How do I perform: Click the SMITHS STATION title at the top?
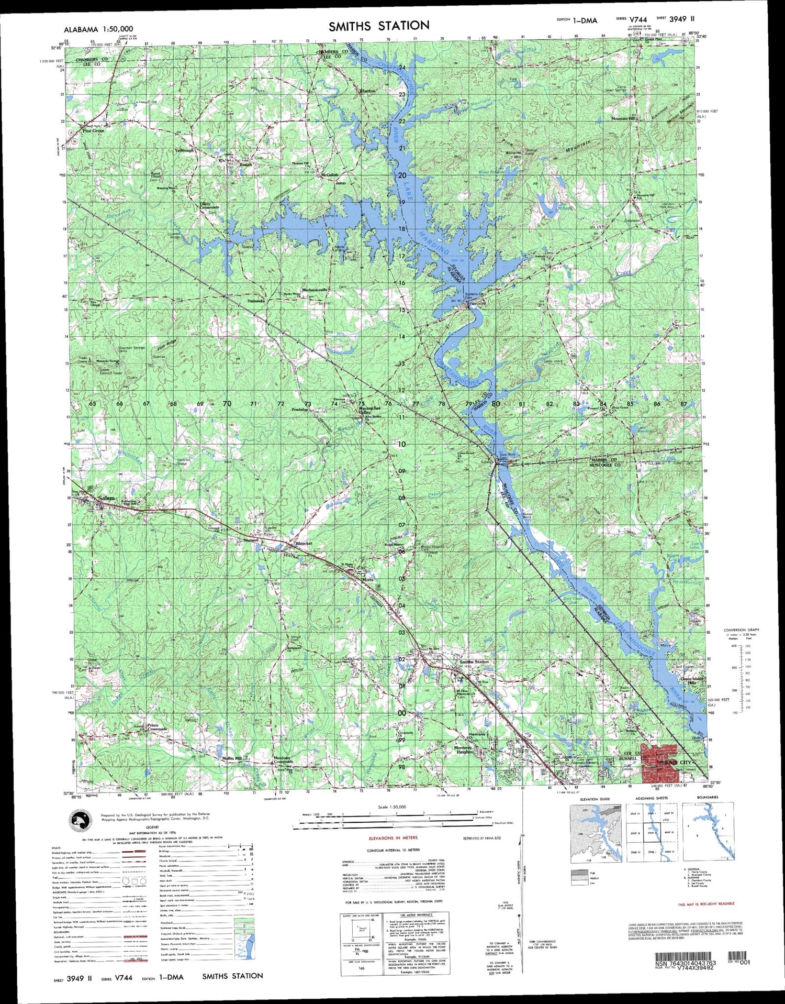coord(379,25)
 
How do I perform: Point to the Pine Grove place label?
coord(94,131)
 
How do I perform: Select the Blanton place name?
coord(367,91)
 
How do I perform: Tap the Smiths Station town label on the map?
coord(474,662)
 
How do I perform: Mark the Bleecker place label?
coord(304,544)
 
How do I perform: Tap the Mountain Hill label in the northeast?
coord(623,119)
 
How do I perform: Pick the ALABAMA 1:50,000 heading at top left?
coord(98,29)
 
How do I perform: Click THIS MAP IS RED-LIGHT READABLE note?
coord(706,904)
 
